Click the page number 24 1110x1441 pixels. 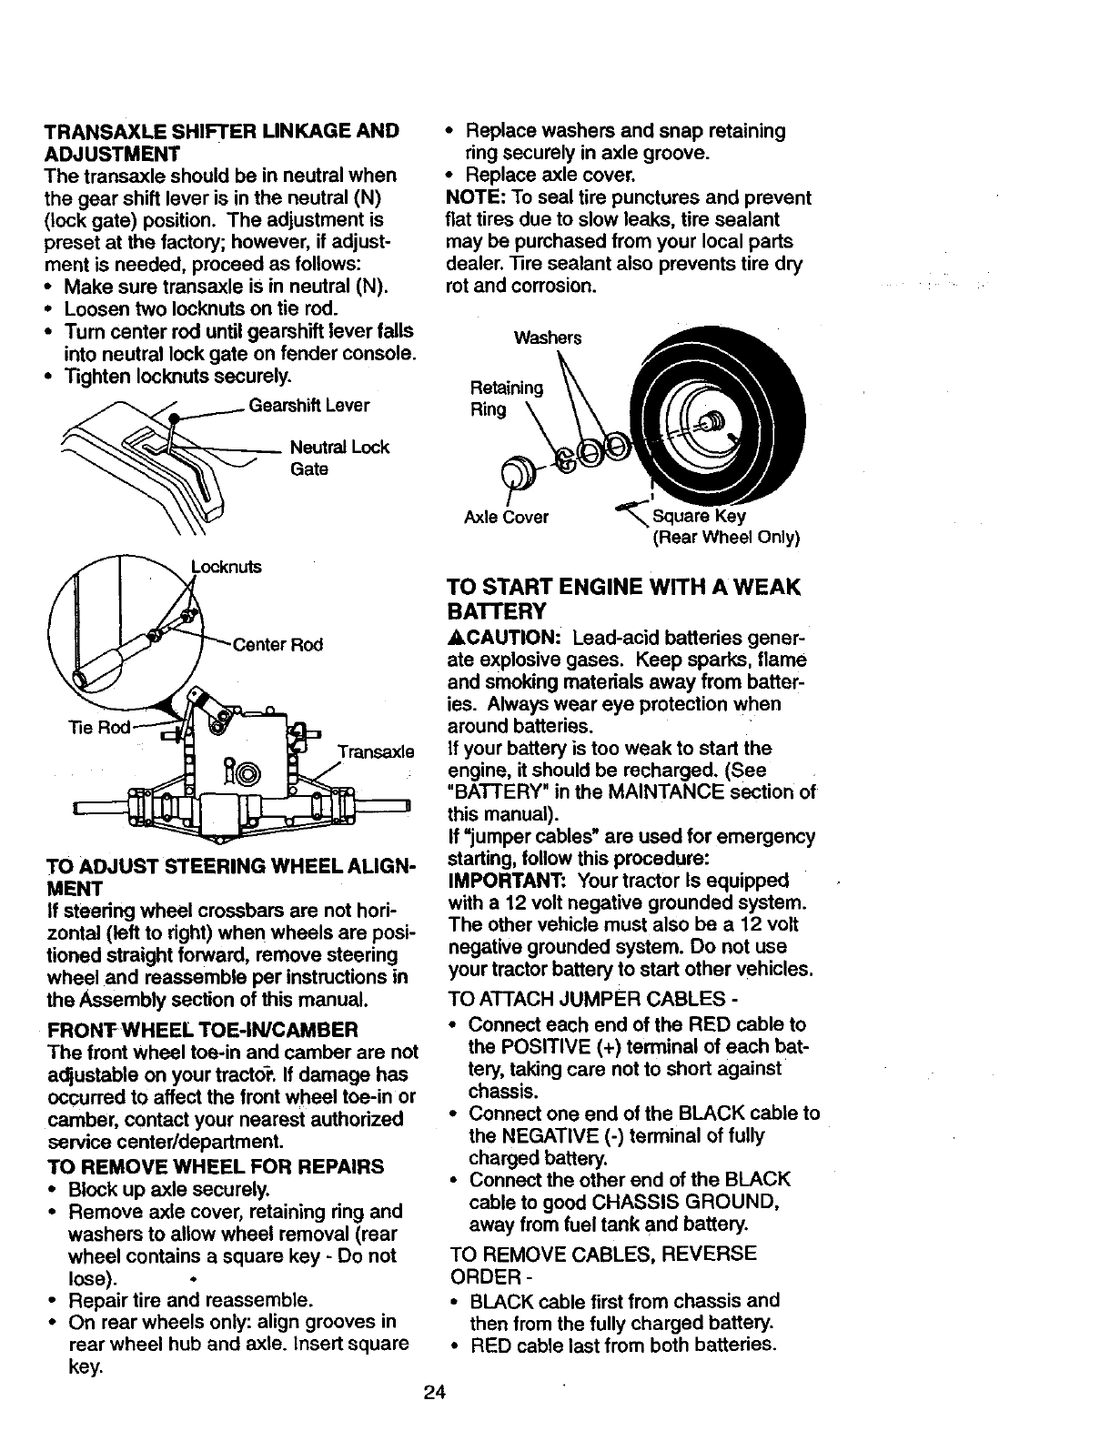(435, 1393)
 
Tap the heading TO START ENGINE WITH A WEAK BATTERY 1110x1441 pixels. (623, 598)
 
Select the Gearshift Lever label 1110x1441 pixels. (309, 405)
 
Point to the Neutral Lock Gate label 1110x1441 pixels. (338, 458)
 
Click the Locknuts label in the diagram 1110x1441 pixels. (226, 568)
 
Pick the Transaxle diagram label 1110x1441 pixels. (376, 752)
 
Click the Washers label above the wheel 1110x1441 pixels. (547, 338)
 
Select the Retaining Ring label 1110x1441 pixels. (506, 398)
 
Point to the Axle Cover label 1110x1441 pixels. (506, 518)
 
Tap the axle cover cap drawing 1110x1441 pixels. (518, 472)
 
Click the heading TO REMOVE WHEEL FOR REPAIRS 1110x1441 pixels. (214, 1166)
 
